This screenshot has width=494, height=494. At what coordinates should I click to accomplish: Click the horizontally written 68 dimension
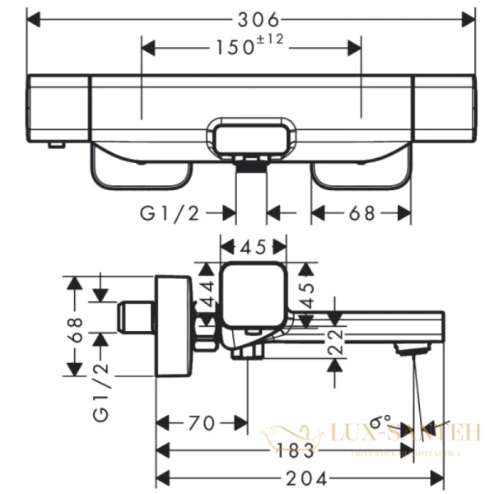point(361,213)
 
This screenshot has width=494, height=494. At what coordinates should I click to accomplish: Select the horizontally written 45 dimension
point(253,245)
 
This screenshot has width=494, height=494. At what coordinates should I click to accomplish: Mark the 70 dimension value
point(202,423)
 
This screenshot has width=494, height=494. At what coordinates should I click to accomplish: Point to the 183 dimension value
point(294,450)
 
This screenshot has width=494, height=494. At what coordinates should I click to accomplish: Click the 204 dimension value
point(306,478)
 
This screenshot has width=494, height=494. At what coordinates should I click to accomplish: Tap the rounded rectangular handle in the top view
point(252,137)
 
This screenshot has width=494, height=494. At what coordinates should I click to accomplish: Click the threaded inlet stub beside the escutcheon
point(135,318)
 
